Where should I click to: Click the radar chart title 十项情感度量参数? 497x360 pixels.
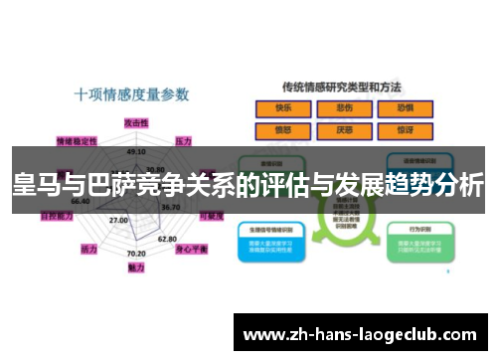tap(132, 94)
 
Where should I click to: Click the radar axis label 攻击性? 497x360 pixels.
tap(136, 121)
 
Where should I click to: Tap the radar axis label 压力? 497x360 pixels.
tap(183, 141)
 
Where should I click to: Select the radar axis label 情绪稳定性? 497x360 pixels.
tap(77, 140)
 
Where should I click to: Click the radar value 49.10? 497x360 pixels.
tap(137, 152)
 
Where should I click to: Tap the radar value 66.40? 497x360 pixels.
tap(81, 201)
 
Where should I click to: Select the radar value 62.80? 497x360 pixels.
tap(167, 239)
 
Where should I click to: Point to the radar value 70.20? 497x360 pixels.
tap(136, 254)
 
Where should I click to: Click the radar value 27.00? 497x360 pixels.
tap(118, 220)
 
